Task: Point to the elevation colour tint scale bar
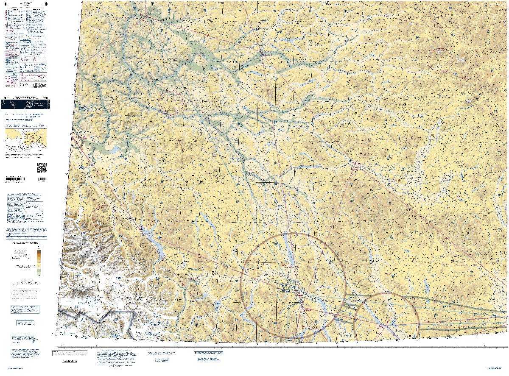39,260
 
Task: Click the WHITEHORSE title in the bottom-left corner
15,368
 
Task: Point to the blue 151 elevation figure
121,236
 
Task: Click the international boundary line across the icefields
106,315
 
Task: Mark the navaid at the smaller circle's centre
387,326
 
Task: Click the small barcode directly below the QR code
42,180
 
